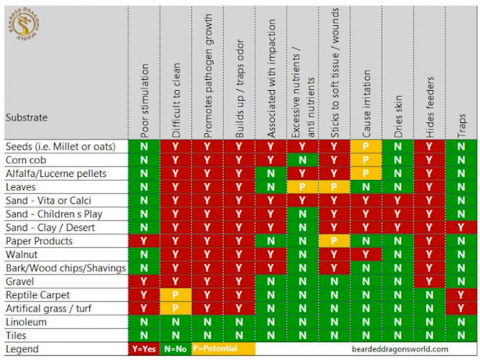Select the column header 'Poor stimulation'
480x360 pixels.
[145, 101]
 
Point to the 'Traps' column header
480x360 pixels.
[461, 122]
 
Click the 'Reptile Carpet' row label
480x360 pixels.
[37, 294]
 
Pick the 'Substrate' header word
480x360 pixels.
[27, 116]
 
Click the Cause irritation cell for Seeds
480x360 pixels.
[366, 146]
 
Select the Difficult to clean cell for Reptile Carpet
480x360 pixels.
[176, 294]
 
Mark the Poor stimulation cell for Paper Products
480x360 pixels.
[145, 240]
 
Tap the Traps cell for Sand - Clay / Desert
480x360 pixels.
[461, 228]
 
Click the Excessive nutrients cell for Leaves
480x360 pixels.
[303, 186]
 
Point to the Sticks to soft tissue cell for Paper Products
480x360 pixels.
[335, 240]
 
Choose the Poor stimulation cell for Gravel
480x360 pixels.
[145, 281]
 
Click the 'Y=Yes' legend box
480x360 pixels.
[145, 348]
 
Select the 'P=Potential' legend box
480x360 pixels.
[223, 348]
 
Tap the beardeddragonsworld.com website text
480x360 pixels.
[401, 348]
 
